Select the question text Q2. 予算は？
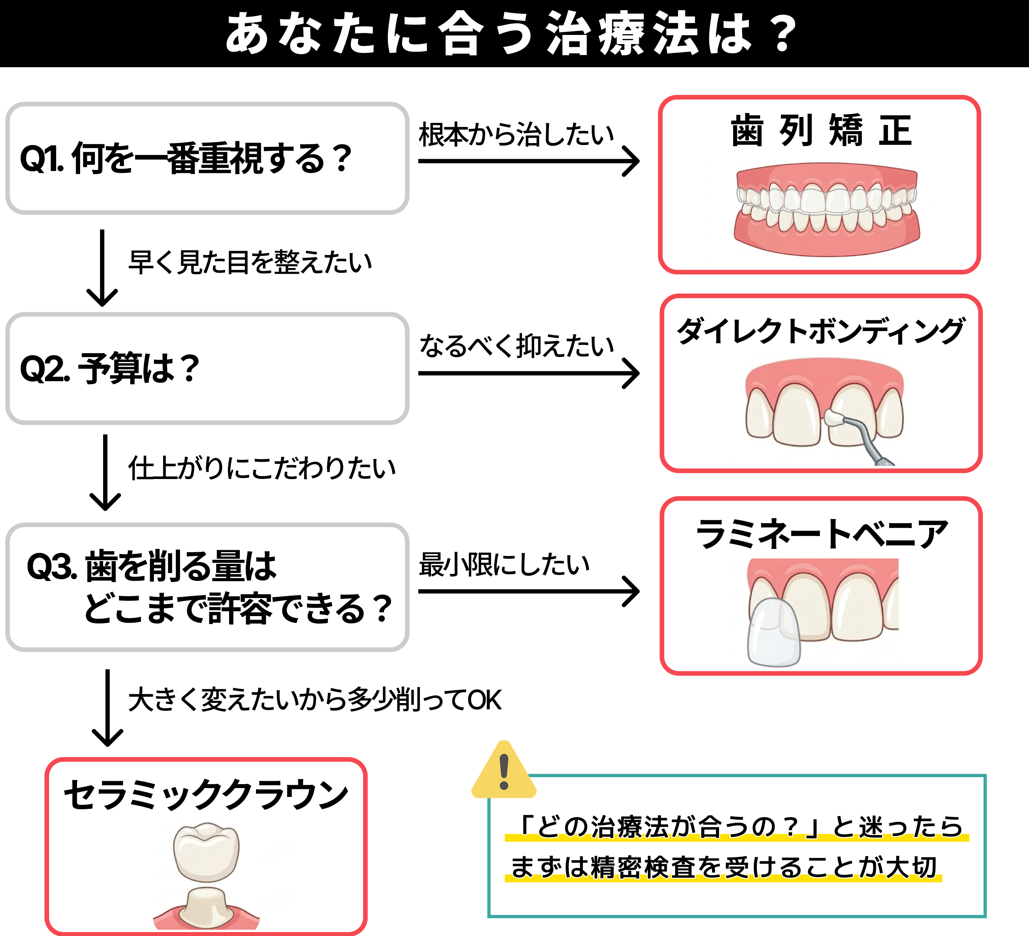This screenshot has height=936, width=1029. click(x=110, y=368)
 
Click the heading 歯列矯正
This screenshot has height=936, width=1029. click(x=820, y=131)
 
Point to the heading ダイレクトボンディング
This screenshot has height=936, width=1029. click(x=820, y=331)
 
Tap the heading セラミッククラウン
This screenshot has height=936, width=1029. click(x=206, y=794)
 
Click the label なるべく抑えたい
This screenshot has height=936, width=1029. click(x=516, y=346)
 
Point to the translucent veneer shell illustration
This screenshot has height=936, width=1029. click(x=773, y=633)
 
